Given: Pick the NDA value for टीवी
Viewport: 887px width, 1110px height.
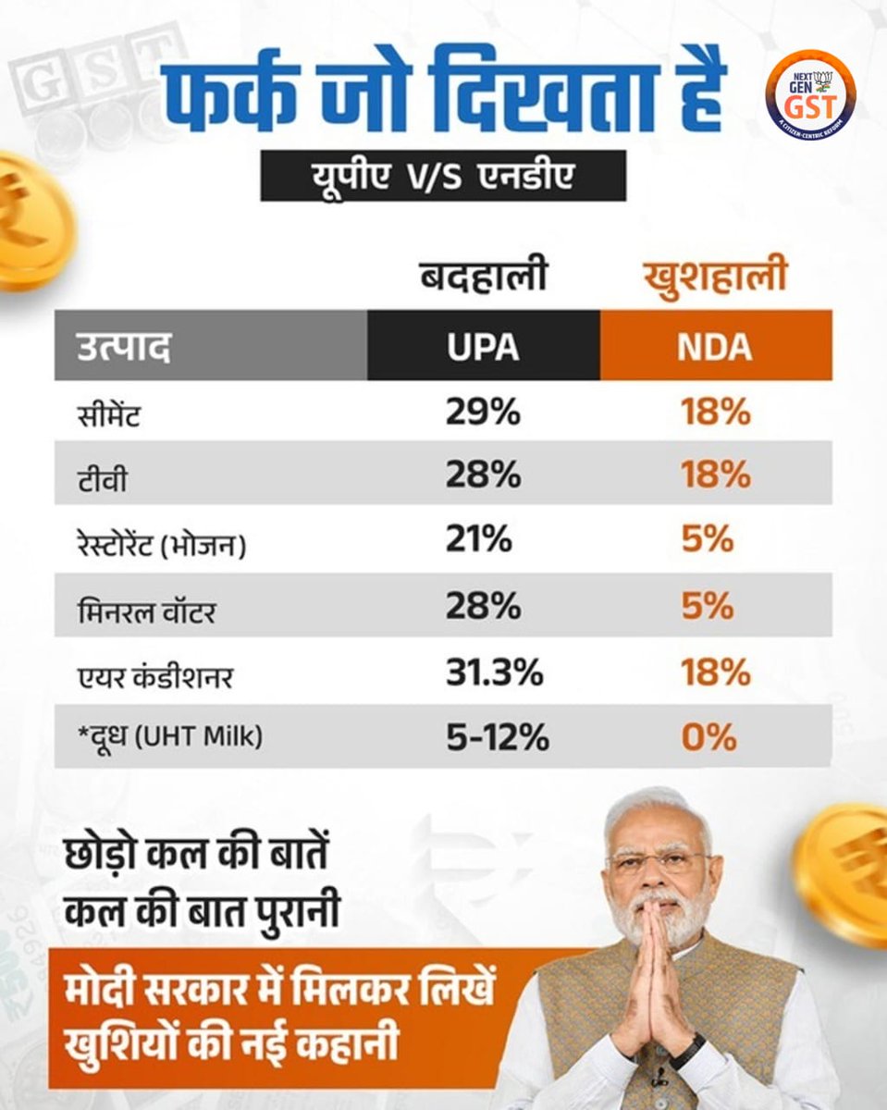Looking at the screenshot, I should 715,476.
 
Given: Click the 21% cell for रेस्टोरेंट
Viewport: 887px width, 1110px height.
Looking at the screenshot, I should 478,539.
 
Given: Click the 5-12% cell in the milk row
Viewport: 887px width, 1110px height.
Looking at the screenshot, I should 496,737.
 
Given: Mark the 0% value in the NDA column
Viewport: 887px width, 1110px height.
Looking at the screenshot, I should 709,737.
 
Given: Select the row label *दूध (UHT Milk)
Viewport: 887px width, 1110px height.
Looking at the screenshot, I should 168,738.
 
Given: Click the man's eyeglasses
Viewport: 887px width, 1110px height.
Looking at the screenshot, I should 659,863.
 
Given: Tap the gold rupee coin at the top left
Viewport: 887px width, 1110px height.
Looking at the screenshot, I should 28,220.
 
